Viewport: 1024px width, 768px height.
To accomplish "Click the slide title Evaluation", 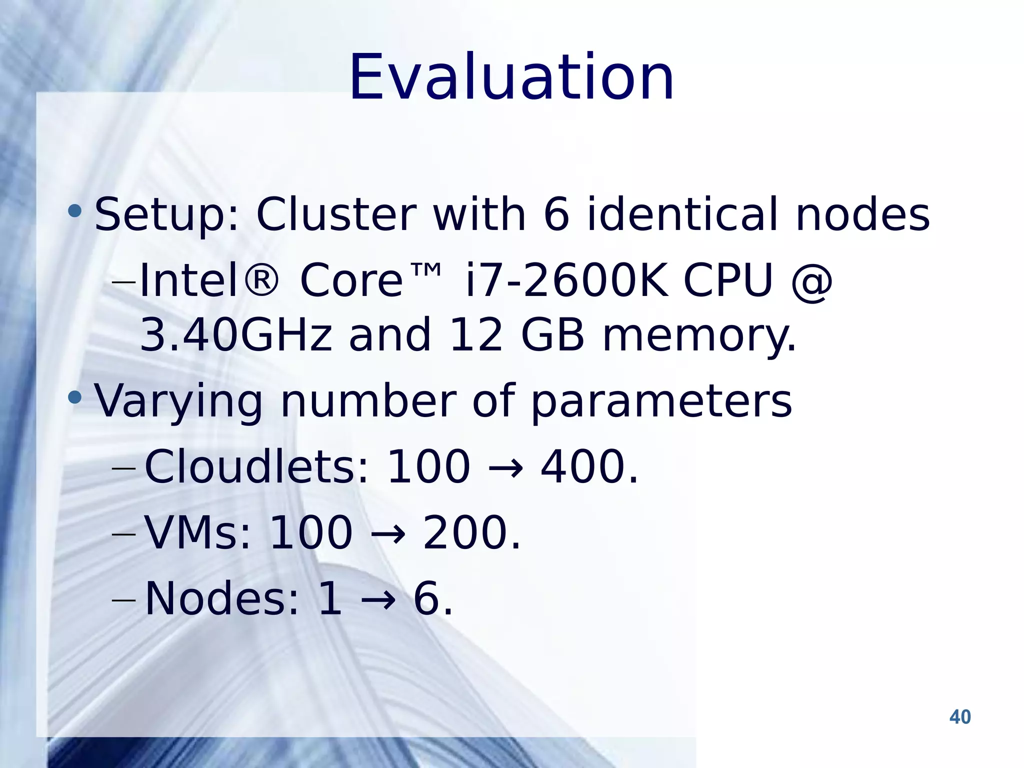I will pos(511,78).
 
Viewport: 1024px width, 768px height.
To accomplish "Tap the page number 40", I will pos(959,717).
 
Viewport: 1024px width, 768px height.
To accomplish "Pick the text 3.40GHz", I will pos(236,334).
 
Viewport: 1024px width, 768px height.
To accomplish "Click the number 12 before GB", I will pos(475,334).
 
